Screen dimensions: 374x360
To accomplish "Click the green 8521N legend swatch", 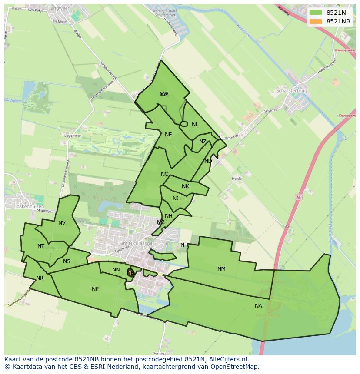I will click(x=316, y=13).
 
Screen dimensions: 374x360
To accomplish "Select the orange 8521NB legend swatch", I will click(x=316, y=21).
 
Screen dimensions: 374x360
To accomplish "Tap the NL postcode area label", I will click(x=195, y=124).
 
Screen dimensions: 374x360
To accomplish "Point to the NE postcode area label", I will click(x=168, y=135).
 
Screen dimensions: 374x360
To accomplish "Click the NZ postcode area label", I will click(x=203, y=142).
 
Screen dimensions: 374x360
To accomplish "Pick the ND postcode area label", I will click(x=208, y=161).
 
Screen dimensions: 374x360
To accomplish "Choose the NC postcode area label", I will click(x=164, y=174).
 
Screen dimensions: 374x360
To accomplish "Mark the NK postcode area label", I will click(x=185, y=186).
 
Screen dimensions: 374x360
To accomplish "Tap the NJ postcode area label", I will click(x=176, y=199).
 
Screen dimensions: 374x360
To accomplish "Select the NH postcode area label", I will click(x=169, y=216).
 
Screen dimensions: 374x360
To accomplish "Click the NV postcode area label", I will click(x=62, y=223).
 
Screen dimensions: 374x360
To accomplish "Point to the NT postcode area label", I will click(x=41, y=246).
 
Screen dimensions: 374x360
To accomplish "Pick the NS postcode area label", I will click(x=67, y=261).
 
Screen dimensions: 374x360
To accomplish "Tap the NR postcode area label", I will click(x=40, y=278).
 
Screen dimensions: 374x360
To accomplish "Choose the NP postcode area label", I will click(x=95, y=289).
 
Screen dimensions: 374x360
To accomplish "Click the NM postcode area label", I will click(x=221, y=269).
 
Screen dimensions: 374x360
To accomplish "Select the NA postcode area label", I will click(x=258, y=306).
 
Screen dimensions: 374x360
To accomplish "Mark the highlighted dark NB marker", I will click(x=130, y=272).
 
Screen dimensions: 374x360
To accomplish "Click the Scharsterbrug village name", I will click(x=292, y=91).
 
